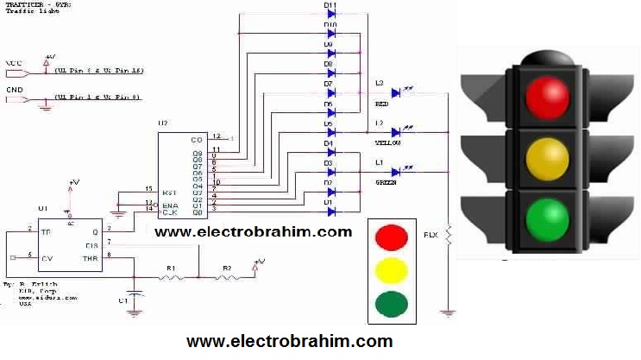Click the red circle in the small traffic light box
(x=392, y=236)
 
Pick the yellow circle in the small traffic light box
(x=392, y=270)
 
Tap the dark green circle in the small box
(x=392, y=304)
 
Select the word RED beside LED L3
(x=381, y=104)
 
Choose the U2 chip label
(x=162, y=124)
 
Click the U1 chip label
(x=42, y=209)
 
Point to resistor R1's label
(x=170, y=269)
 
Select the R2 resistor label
(x=227, y=269)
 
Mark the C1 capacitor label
(x=123, y=301)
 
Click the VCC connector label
(x=14, y=63)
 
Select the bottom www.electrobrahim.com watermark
(x=289, y=341)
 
